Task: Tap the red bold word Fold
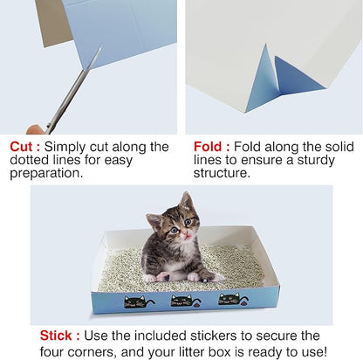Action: click(207, 147)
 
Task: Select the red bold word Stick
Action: click(58, 335)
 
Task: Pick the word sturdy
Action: click(321, 161)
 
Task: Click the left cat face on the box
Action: click(135, 301)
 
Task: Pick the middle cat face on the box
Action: click(182, 301)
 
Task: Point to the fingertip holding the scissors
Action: click(35, 129)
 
